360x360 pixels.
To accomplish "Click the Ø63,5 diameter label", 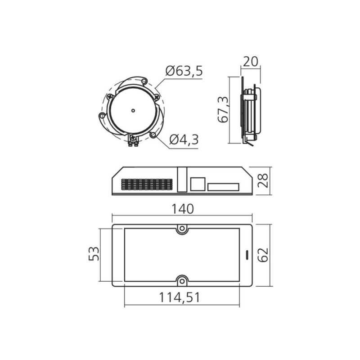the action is pyautogui.click(x=184, y=71).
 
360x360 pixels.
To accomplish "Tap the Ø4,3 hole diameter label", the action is pyautogui.click(x=184, y=139).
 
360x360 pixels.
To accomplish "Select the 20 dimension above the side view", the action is pyautogui.click(x=251, y=61).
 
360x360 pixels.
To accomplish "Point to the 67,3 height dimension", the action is pyautogui.click(x=223, y=110).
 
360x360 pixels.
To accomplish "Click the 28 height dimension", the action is pyautogui.click(x=263, y=181).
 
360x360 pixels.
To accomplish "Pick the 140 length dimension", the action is pyautogui.click(x=183, y=209).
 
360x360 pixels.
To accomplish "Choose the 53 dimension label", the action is pyautogui.click(x=94, y=254).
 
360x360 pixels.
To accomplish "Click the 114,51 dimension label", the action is pyautogui.click(x=180, y=297).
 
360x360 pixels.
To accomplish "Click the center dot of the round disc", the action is pyautogui.click(x=133, y=111).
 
